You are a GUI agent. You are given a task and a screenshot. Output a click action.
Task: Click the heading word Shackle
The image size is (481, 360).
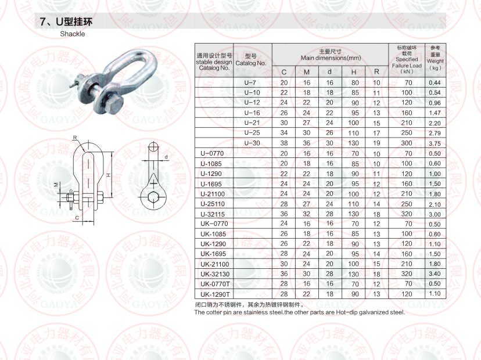pos(73,34)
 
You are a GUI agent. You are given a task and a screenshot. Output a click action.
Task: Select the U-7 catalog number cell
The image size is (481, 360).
pos(251,83)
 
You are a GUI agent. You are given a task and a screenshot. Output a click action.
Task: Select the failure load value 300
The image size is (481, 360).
pos(407,143)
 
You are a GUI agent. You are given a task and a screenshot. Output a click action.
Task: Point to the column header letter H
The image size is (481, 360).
pos(353,73)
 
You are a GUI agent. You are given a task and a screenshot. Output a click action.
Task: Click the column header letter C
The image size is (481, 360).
pos(284,73)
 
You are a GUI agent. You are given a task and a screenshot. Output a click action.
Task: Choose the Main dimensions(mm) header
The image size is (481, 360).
pos(330,55)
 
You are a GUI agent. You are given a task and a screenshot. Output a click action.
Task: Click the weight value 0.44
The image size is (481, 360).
pos(435,83)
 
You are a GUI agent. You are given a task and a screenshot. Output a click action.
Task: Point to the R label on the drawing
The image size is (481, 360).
pos(75,138)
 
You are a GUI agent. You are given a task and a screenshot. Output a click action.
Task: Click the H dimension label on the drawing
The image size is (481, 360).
pos(109,174)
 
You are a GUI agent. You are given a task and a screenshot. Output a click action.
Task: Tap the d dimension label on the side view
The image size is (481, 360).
pos(166,157)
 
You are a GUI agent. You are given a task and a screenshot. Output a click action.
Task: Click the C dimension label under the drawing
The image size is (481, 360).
pos(76,218)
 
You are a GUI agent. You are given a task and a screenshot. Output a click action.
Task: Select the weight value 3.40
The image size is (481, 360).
pos(435,273)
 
